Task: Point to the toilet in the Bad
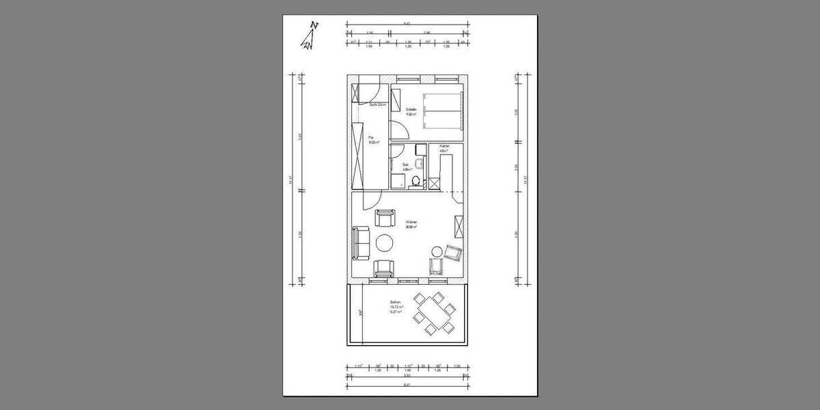click(x=415, y=181)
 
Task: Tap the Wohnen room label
click(x=411, y=223)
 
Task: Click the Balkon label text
click(x=395, y=301)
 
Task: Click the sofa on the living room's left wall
click(x=360, y=243)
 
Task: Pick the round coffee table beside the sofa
click(x=385, y=243)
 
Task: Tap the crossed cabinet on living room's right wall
click(x=459, y=225)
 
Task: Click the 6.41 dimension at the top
click(x=407, y=23)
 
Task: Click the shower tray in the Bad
click(x=396, y=180)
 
